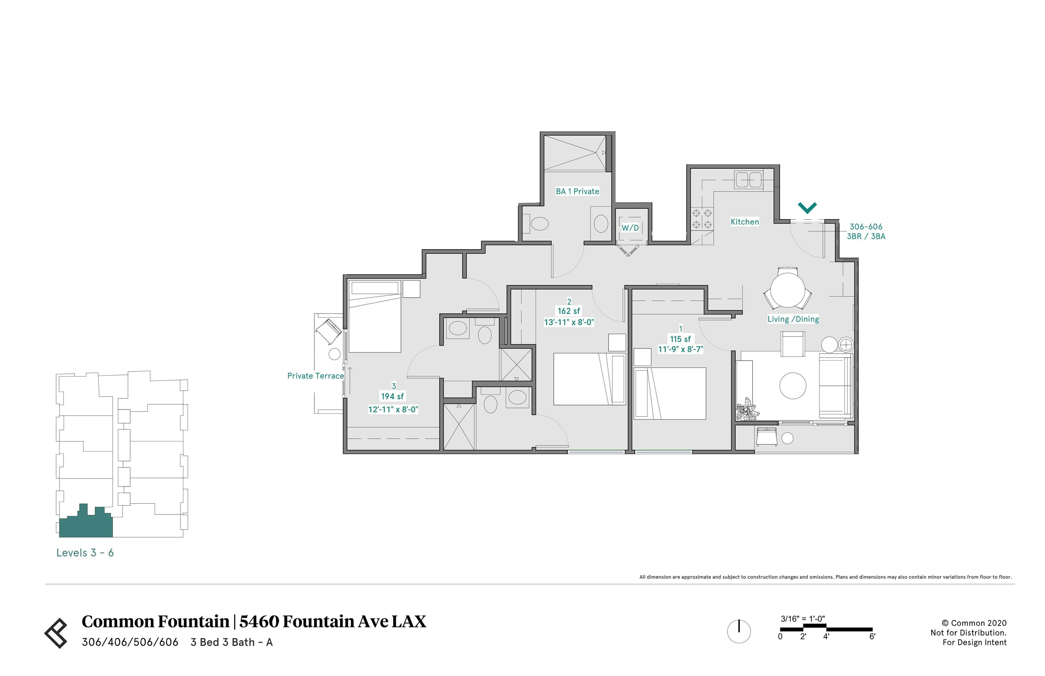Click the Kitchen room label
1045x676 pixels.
[744, 222]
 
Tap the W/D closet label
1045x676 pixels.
[630, 228]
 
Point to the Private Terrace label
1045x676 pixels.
[316, 376]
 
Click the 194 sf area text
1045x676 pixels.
[392, 396]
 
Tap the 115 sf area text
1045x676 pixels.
[680, 339]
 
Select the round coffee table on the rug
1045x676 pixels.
[793, 386]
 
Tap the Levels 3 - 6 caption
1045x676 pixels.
[85, 553]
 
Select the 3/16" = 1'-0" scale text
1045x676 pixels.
[803, 619]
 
